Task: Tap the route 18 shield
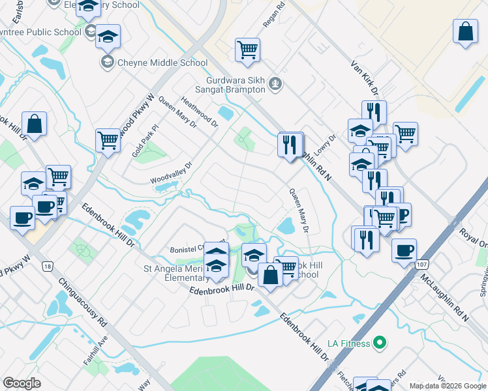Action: pos(46,266)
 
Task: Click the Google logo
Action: pos(22,383)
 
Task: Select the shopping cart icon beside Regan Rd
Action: pos(248,49)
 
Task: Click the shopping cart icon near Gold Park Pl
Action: pos(108,139)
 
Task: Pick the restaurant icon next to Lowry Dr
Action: pos(290,143)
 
